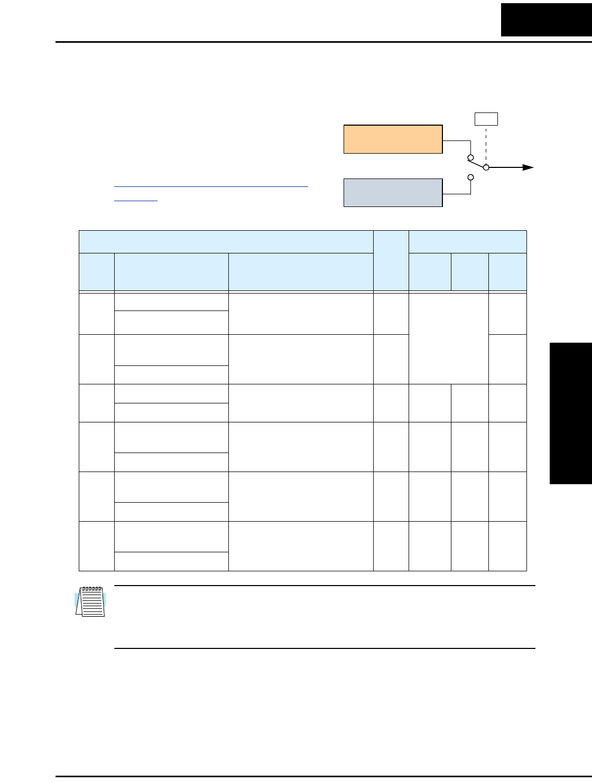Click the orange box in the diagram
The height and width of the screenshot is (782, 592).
[x=393, y=139]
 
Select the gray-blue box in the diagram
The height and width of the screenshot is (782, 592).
[x=393, y=193]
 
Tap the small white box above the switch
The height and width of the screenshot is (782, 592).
[x=486, y=119]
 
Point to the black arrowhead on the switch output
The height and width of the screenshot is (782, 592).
[x=528, y=167]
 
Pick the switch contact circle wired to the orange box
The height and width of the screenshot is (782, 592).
[x=470, y=157]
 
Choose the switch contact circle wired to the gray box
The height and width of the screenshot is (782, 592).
[x=470, y=177]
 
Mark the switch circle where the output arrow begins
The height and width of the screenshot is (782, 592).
[x=487, y=167]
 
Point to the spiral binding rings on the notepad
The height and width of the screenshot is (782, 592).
[x=91, y=588]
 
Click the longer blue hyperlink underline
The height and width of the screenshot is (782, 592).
[x=211, y=186]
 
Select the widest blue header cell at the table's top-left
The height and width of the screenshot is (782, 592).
[x=226, y=242]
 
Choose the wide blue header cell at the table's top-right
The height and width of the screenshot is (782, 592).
[x=467, y=242]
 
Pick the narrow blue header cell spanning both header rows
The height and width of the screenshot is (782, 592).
[x=391, y=260]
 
